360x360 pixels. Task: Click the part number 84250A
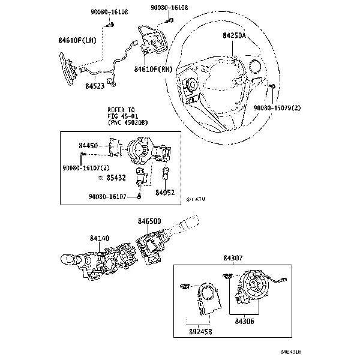[x=235, y=36]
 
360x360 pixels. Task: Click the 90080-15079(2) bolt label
[x=277, y=107]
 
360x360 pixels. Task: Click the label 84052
[x=165, y=193]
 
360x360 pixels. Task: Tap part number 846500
[x=149, y=221]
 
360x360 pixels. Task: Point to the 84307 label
[x=233, y=258]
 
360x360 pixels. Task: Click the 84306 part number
[x=244, y=322]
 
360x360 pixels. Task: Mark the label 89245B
[x=200, y=331]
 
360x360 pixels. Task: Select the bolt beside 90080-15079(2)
[x=271, y=87]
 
